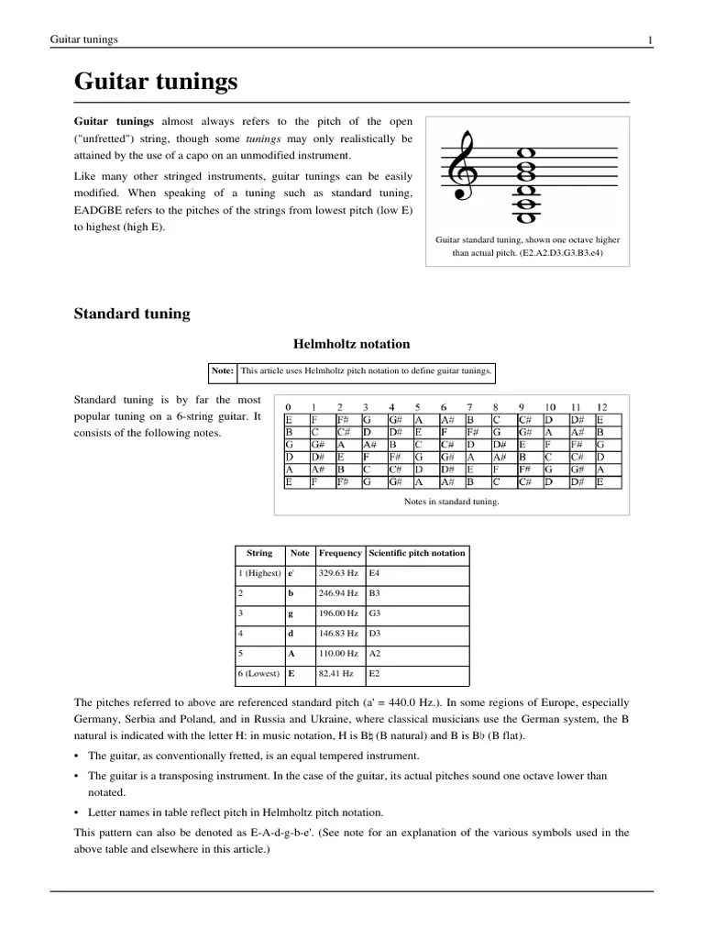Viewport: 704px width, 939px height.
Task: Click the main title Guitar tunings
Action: (155, 83)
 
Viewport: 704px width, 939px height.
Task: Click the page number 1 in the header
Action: (650, 39)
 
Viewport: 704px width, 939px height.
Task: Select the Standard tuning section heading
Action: (132, 314)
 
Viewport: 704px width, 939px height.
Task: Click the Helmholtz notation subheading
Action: (351, 344)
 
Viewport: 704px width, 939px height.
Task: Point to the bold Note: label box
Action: (223, 371)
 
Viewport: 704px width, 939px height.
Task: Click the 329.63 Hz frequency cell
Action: (337, 573)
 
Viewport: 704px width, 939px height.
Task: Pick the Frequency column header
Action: (340, 553)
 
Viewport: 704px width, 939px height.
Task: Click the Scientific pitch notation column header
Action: (416, 553)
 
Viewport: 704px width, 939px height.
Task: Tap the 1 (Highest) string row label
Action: (260, 573)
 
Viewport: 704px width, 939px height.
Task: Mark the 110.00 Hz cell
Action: (337, 653)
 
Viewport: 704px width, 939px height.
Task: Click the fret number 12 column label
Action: (601, 407)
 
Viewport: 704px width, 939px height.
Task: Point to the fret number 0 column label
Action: (289, 407)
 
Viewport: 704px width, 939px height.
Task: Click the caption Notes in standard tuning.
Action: (451, 502)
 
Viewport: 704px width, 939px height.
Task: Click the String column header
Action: (259, 553)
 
